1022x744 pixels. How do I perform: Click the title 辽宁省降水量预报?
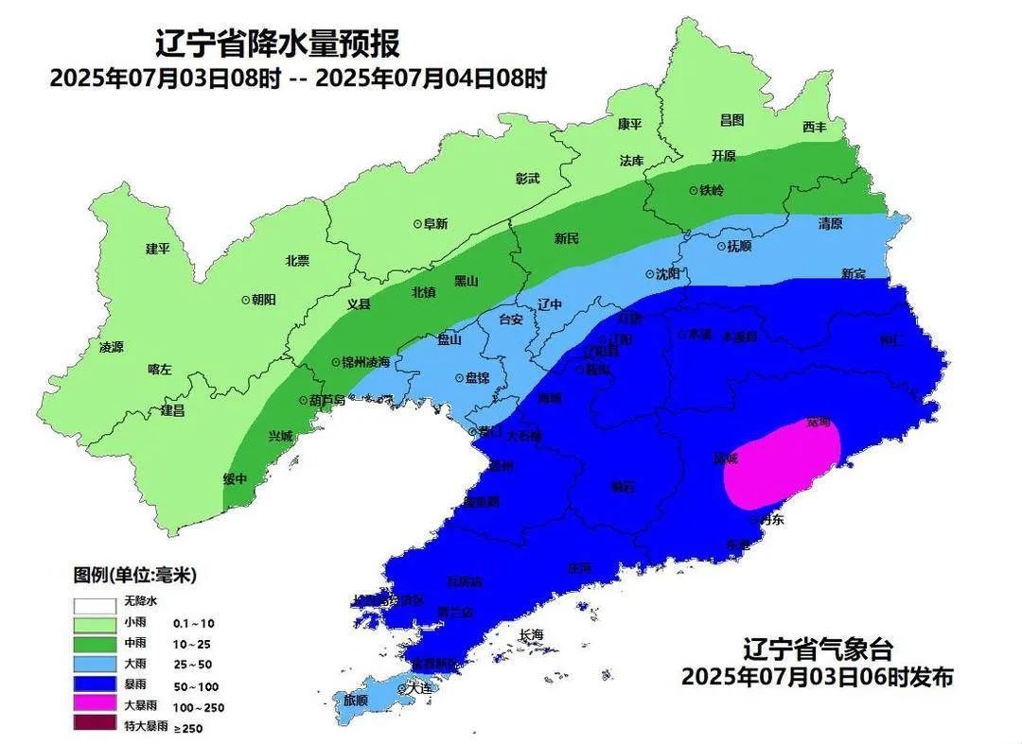click(276, 43)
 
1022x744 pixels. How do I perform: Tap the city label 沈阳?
click(667, 274)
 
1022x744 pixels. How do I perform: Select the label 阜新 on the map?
click(435, 224)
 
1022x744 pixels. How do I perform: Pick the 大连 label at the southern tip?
click(418, 688)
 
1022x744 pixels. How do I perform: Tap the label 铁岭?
click(711, 190)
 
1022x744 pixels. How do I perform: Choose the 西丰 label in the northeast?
click(814, 127)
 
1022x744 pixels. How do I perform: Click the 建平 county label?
click(157, 249)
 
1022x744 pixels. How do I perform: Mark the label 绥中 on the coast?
click(235, 478)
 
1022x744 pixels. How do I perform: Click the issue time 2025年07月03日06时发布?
click(817, 677)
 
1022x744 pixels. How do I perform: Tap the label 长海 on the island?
click(532, 634)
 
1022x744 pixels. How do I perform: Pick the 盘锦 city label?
click(472, 377)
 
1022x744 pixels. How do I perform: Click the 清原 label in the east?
click(830, 224)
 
